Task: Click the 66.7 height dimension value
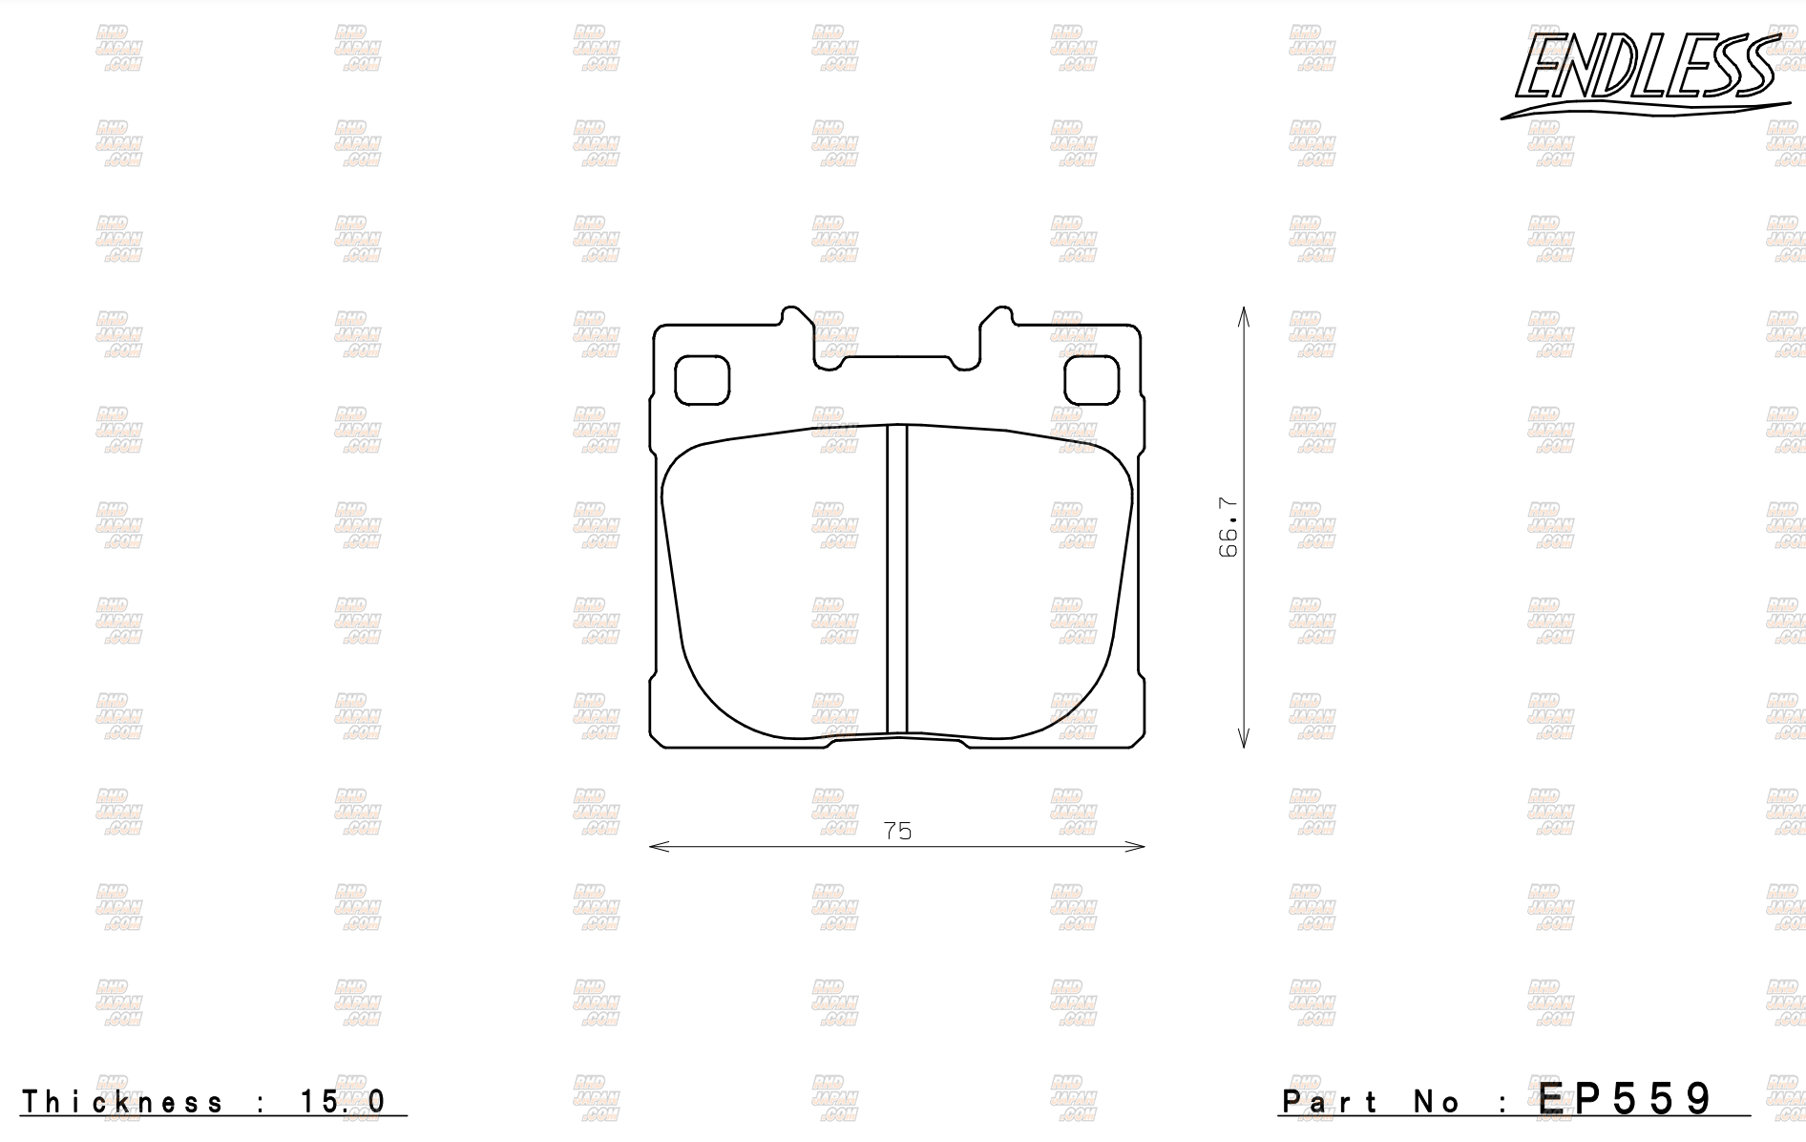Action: click(x=1228, y=527)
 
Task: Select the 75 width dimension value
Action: click(x=897, y=831)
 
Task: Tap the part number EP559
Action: click(x=1627, y=1099)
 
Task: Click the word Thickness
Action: click(x=123, y=1102)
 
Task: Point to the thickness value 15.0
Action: click(x=343, y=1102)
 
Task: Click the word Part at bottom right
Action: click(x=1331, y=1102)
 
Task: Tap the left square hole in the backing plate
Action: click(x=702, y=380)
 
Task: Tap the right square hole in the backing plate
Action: click(x=1091, y=380)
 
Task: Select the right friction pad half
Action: click(x=1017, y=582)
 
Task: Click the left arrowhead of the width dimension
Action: click(x=655, y=846)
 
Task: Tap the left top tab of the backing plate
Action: click(x=798, y=329)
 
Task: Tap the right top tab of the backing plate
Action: click(x=995, y=329)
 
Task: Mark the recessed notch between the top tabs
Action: click(x=896, y=361)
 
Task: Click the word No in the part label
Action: click(x=1438, y=1102)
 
